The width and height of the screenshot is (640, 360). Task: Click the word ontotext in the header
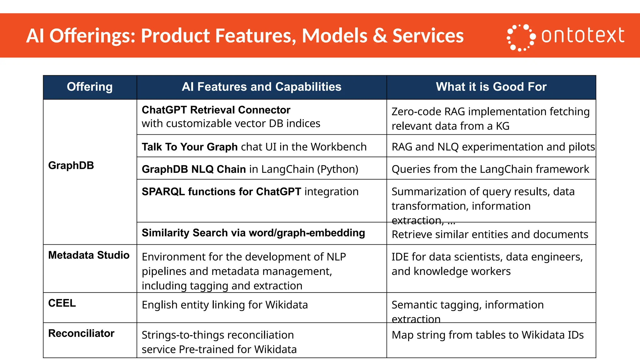tap(582, 35)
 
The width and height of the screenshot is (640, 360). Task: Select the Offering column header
tap(90, 87)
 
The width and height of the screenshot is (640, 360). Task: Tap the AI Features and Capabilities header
tap(262, 87)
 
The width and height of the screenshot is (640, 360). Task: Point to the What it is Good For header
tap(491, 87)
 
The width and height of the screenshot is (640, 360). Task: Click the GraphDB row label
tap(71, 165)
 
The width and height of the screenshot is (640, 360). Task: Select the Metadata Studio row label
tap(89, 255)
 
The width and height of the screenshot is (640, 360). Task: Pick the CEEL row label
tap(62, 303)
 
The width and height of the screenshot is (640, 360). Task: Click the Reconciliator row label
tap(81, 333)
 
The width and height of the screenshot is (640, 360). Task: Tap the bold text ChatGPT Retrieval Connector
tap(216, 110)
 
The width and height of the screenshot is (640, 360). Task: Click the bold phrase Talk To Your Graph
tap(190, 147)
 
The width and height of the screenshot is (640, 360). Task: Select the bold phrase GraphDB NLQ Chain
tap(194, 169)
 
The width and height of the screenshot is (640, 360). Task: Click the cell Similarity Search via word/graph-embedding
tap(253, 233)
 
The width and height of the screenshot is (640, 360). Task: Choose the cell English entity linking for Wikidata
tap(225, 305)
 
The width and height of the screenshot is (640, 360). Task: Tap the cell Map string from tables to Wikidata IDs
tap(487, 335)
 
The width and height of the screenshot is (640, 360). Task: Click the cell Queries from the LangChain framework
tap(490, 169)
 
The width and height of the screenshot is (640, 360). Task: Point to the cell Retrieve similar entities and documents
tap(490, 234)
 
